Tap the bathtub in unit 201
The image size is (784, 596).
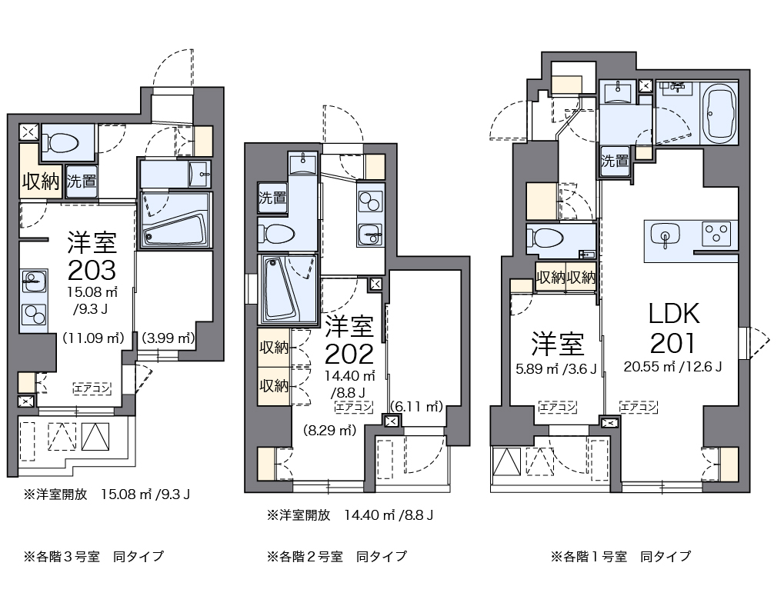[721, 114]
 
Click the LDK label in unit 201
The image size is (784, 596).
[674, 314]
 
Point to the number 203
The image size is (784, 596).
[92, 269]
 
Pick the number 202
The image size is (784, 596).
[349, 354]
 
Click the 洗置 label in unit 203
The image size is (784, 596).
[81, 182]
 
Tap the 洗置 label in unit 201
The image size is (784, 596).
[615, 161]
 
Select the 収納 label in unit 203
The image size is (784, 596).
[40, 182]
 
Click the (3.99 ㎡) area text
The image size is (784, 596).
[166, 338]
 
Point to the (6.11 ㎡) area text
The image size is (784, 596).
[417, 405]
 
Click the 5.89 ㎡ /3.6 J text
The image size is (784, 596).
[556, 368]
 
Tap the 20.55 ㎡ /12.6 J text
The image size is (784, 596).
[672, 367]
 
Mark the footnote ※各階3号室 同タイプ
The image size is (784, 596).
[93, 556]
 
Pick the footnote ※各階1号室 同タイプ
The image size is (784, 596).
[620, 556]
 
